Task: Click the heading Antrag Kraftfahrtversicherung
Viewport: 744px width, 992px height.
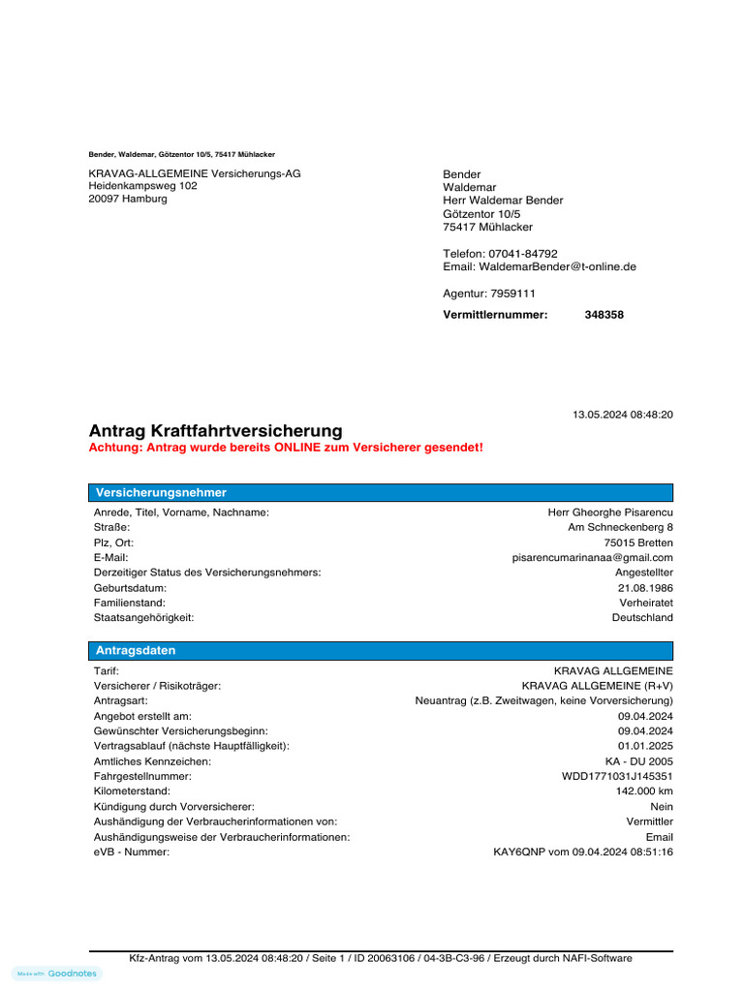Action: coord(215,430)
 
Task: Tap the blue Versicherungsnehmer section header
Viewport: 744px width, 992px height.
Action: coord(381,493)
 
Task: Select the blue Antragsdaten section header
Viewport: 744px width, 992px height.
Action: coord(381,651)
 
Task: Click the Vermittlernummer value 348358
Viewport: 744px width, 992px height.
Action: coord(604,315)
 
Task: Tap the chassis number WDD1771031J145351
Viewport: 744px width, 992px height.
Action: coord(617,777)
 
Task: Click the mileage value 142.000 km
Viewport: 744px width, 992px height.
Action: coord(644,791)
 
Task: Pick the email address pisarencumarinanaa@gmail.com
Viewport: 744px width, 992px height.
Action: coord(592,558)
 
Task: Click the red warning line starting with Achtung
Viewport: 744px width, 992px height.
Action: coord(286,449)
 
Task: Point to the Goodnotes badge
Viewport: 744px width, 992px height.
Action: coord(57,974)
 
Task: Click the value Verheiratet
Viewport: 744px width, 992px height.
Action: coord(646,603)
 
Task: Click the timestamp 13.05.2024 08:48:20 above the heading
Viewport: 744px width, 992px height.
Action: coord(623,415)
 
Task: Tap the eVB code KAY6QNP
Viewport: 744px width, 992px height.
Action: coord(514,852)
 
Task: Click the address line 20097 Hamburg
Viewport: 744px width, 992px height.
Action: coord(128,199)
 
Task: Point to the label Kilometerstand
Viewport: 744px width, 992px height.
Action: coord(132,791)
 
